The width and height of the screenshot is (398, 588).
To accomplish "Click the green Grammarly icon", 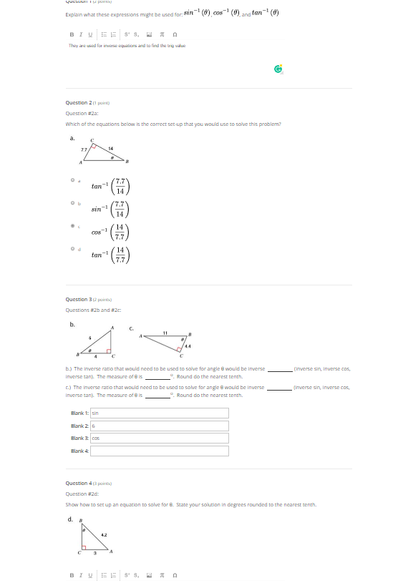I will click(278, 69).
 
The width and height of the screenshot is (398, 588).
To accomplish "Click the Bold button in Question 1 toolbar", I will click(71, 34).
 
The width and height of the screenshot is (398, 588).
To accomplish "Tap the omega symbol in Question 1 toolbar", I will click(175, 34).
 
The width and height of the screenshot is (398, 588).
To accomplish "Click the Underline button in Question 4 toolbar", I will click(89, 574).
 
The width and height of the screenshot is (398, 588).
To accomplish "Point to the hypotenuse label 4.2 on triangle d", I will click(105, 534).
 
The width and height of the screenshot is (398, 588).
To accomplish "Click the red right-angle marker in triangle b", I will click(110, 352).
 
